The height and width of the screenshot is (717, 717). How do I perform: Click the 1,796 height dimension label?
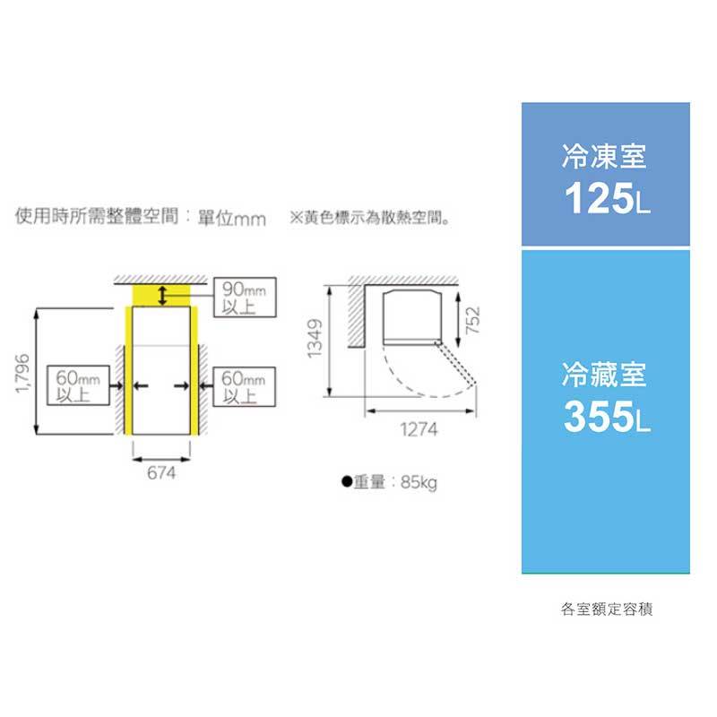(22, 373)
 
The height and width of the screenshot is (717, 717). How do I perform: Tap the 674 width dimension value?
(161, 473)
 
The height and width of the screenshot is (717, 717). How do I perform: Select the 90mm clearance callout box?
(245, 298)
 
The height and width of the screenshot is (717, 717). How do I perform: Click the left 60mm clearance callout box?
(78, 385)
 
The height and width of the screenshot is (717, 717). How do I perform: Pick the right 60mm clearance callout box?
(244, 386)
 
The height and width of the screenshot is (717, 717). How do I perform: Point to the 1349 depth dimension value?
(315, 339)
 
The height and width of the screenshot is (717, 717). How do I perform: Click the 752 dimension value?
(474, 319)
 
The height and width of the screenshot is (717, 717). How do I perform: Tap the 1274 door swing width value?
(419, 429)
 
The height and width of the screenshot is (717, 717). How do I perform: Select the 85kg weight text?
(419, 482)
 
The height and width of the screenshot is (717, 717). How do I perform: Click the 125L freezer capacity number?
(607, 198)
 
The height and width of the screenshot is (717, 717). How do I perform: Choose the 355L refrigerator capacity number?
(607, 416)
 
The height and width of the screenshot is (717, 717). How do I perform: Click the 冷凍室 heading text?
(604, 156)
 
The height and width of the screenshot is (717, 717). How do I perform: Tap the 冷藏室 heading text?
(604, 375)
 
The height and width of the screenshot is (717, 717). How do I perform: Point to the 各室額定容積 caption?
(607, 609)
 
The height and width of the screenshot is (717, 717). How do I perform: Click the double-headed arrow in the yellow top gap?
(162, 295)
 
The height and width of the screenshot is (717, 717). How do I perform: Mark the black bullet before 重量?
(347, 481)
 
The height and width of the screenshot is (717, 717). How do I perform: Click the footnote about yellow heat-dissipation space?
(370, 217)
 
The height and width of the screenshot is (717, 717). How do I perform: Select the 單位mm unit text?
(232, 218)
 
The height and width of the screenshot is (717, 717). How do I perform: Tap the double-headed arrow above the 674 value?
(161, 460)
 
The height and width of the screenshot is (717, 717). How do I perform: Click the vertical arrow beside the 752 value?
(458, 320)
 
